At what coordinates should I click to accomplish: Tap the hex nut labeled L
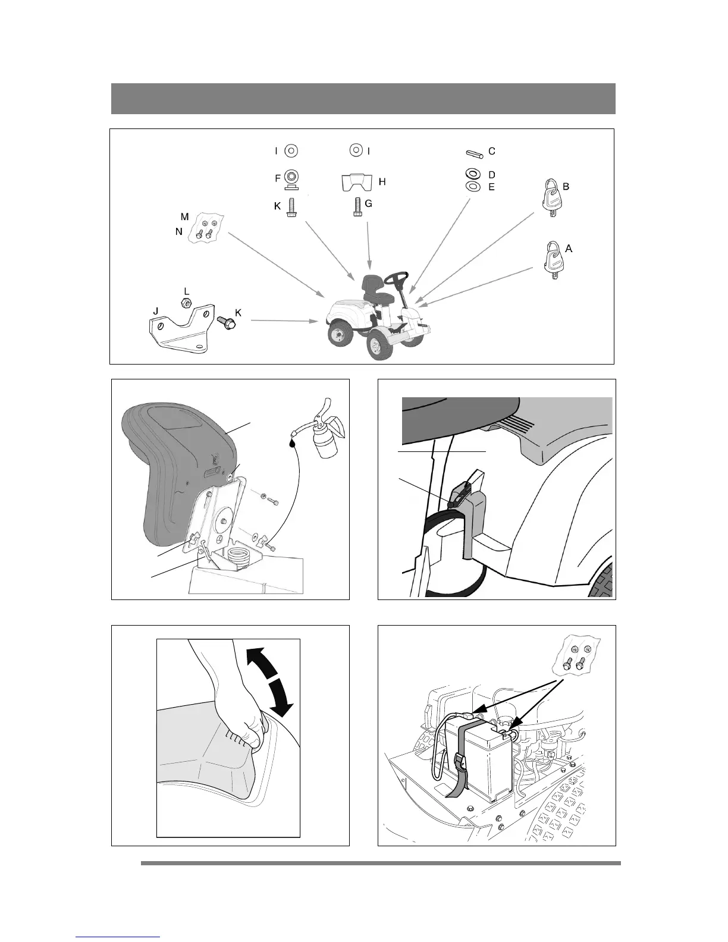pos(186,304)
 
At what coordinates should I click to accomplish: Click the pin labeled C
pos(473,153)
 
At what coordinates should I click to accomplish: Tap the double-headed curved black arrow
pos(270,682)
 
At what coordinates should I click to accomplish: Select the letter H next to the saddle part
pos(382,181)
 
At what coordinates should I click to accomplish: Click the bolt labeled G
pos(355,206)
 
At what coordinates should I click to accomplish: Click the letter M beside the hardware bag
pos(185,216)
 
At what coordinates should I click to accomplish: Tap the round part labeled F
pos(291,178)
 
